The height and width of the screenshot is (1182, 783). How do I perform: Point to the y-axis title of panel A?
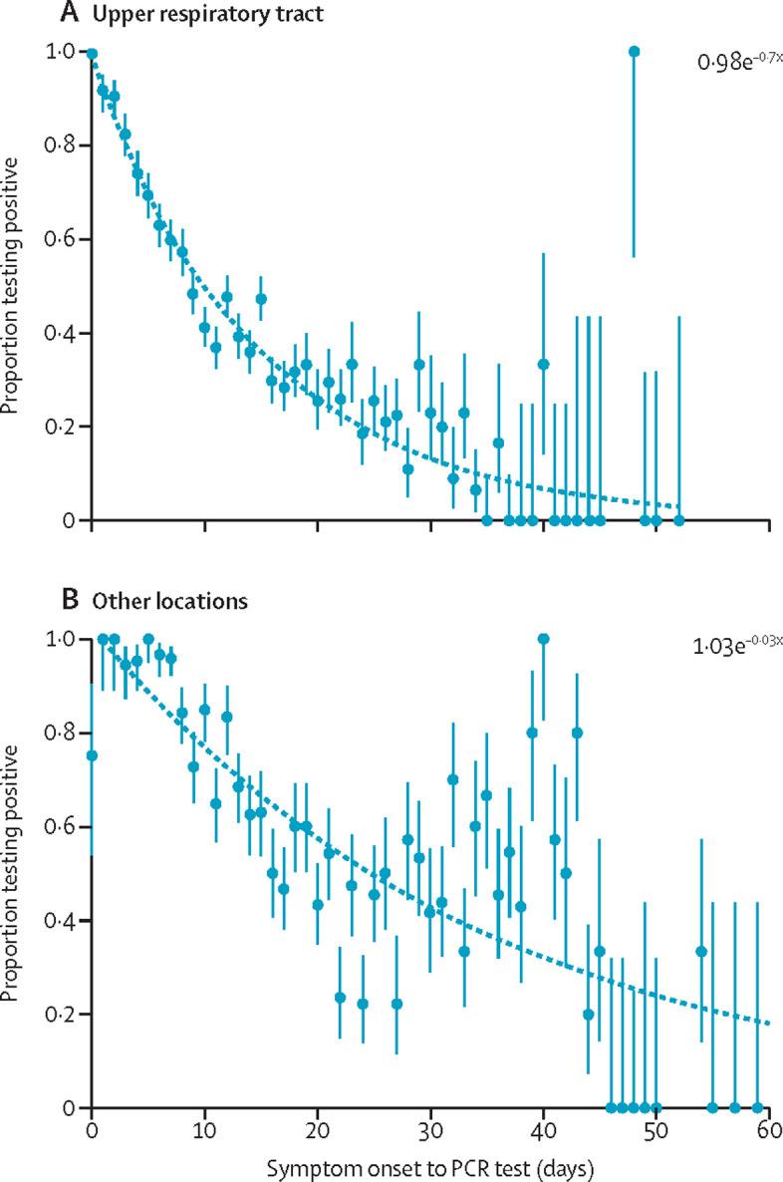click(14, 286)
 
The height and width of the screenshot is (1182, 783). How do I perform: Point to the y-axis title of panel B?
click(14, 872)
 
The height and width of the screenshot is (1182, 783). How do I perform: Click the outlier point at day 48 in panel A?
click(634, 51)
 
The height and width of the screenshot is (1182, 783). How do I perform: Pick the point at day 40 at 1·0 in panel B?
click(543, 638)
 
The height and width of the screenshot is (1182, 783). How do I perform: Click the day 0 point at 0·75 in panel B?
click(92, 755)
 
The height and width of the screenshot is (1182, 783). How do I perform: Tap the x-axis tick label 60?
click(768, 1131)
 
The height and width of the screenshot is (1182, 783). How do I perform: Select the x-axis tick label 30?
click(430, 1131)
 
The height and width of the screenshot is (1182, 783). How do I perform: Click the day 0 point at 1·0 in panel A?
click(92, 54)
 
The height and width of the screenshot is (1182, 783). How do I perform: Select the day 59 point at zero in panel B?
click(757, 1107)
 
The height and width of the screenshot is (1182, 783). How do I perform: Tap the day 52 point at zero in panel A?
click(678, 520)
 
